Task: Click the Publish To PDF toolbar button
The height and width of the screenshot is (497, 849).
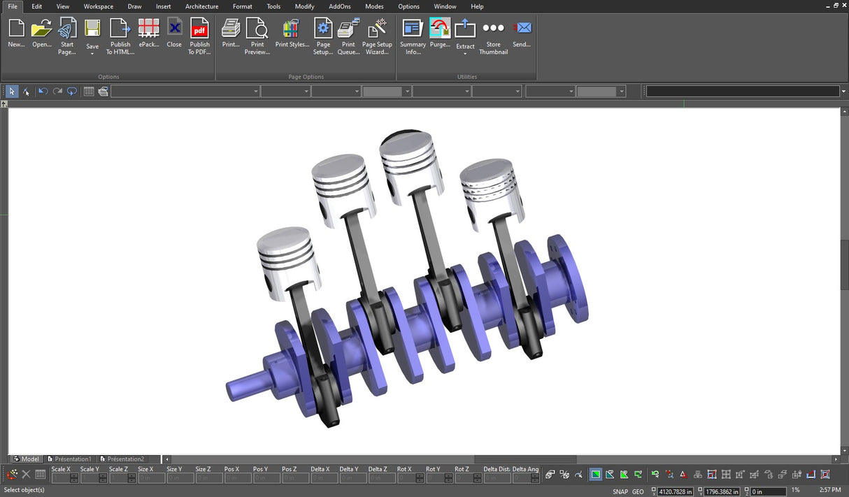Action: pos(199,29)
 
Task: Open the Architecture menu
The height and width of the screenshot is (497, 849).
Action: pos(201,6)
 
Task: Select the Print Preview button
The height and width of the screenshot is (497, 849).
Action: pos(257,29)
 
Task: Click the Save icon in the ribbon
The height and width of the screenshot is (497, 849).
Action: pos(92,29)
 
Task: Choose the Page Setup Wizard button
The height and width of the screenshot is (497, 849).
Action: pos(377,29)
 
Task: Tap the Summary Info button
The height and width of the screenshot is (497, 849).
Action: pos(413,29)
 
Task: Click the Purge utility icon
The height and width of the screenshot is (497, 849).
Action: pos(440,29)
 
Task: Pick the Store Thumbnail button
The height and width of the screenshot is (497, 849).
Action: pos(493,29)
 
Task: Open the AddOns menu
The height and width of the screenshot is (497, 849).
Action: pos(340,6)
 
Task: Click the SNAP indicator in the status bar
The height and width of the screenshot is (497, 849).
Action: pos(620,491)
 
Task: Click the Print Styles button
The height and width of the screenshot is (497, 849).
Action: pos(292,29)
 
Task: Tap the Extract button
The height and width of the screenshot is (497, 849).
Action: pos(465,29)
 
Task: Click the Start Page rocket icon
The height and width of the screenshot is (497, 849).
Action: pos(67,29)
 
